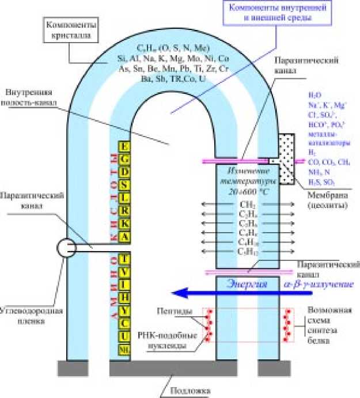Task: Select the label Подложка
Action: tap(190, 391)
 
